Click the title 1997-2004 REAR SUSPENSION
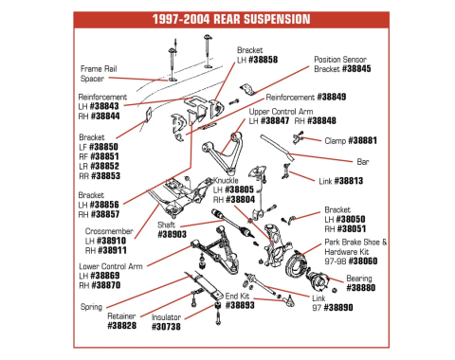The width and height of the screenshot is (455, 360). [x=231, y=19]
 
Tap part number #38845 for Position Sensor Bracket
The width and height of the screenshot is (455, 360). [x=356, y=69]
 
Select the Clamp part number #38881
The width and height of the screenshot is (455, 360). [x=362, y=140]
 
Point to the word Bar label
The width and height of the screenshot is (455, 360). [x=363, y=162]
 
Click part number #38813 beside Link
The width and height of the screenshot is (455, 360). [x=349, y=181]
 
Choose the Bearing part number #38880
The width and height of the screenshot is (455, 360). [x=361, y=288]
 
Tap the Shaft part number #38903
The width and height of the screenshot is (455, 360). [x=172, y=234]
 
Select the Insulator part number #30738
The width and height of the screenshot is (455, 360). [x=166, y=327]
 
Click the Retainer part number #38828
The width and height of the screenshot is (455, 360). [x=122, y=326]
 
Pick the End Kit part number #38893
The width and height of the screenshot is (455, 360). [x=240, y=305]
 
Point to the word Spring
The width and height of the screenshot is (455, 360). [x=91, y=307]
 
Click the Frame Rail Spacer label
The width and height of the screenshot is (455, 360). [x=99, y=74]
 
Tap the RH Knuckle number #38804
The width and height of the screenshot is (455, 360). [x=240, y=200]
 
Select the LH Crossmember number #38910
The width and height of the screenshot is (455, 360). [x=112, y=241]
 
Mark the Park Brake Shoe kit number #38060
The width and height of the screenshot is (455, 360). [x=363, y=261]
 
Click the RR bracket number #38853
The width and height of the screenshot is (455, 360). [x=105, y=176]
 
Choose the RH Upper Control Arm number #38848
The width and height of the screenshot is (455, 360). [x=321, y=120]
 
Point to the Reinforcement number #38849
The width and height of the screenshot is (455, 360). [x=332, y=97]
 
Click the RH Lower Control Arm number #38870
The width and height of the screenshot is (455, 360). [x=105, y=285]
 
